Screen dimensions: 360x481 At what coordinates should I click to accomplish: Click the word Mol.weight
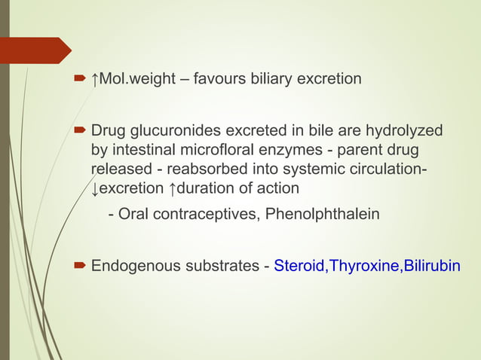coord(134,78)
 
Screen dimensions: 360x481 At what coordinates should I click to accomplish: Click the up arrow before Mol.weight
coord(95,78)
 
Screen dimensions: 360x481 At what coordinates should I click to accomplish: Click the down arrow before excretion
coord(94,187)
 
